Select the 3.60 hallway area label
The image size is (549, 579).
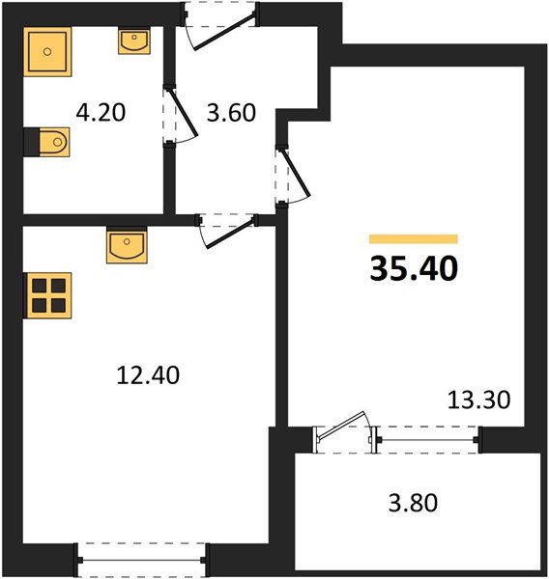[x=232, y=113]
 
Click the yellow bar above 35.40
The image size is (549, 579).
[x=414, y=238]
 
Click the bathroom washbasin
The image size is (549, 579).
[x=133, y=41]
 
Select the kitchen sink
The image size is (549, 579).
[x=127, y=246]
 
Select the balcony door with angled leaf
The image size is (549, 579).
[x=344, y=435]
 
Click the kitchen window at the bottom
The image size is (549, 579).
[x=143, y=558]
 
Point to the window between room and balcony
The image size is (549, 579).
[x=430, y=440]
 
